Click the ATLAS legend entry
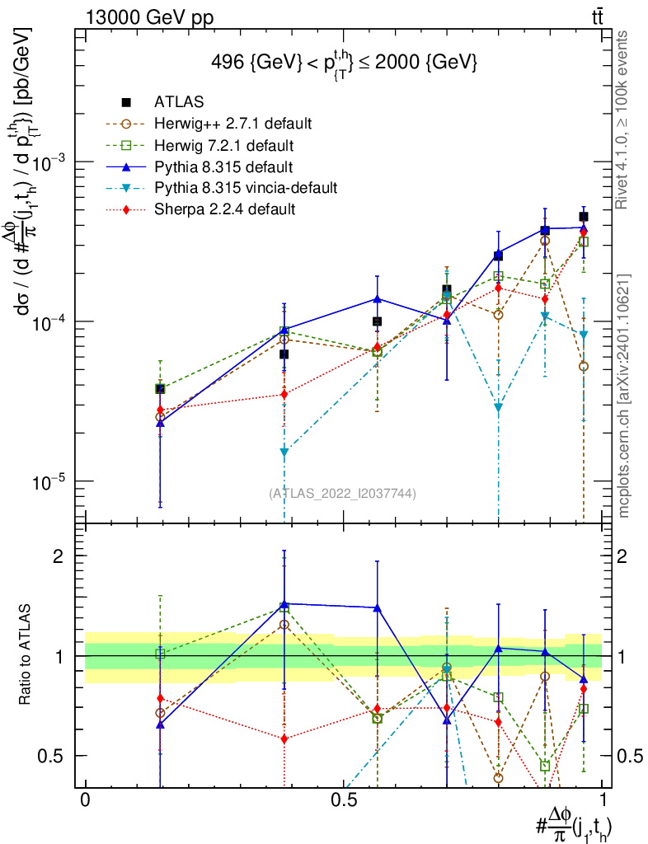pos(178,102)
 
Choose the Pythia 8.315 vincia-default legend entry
pos(245,188)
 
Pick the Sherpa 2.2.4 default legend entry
pos(224,209)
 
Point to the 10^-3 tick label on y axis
pos(49,162)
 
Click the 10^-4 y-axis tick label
pos(49,321)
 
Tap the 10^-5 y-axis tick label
pos(49,481)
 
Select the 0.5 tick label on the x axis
pos(343,800)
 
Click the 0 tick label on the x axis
pos(85,800)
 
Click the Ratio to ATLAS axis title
pos(26,656)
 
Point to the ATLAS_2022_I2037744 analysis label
pos(342,494)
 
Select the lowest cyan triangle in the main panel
pos(284,452)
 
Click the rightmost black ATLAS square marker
pos(584,217)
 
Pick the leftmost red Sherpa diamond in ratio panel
pos(160,698)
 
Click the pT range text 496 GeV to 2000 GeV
pos(343,63)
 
